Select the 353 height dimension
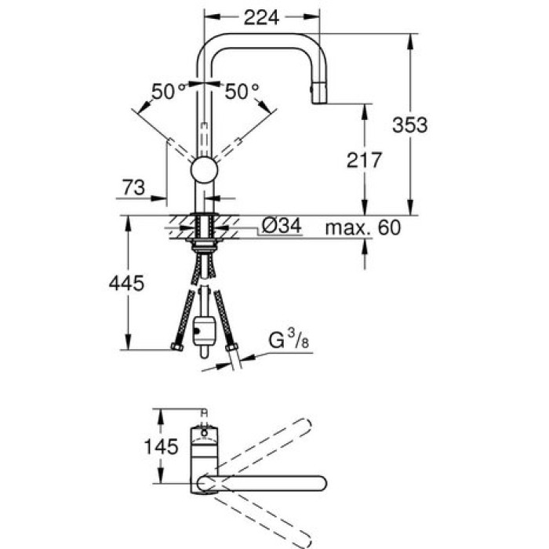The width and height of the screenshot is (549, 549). (410, 123)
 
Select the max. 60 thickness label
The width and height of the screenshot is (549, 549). (363, 228)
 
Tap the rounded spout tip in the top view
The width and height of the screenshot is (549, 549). (319, 483)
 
